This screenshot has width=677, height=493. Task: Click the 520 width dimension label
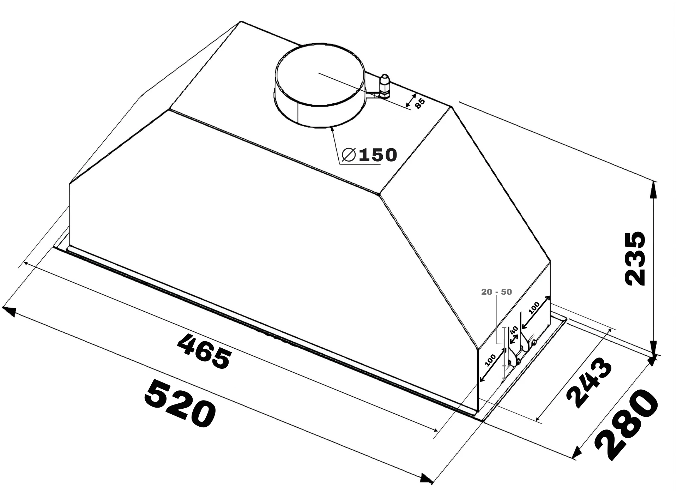[x=180, y=403]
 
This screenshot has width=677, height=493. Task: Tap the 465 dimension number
[x=204, y=351]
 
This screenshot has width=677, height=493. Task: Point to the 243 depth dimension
[x=589, y=383]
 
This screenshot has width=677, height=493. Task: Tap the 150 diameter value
[x=378, y=155]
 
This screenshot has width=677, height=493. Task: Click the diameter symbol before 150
[x=349, y=155]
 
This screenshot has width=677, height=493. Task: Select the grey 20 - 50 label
[x=496, y=292]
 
